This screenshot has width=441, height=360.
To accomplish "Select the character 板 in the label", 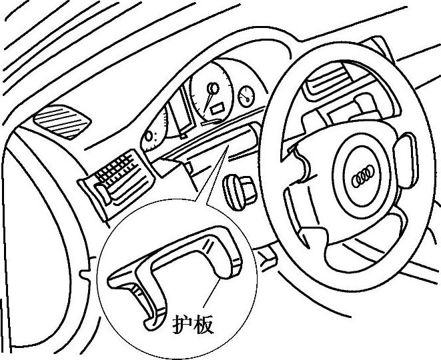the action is (203, 325).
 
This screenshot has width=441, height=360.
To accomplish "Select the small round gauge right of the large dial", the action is (246, 95).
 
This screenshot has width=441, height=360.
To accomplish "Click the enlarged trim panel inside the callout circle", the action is (173, 263).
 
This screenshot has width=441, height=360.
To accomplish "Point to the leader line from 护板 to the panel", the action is (208, 297).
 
